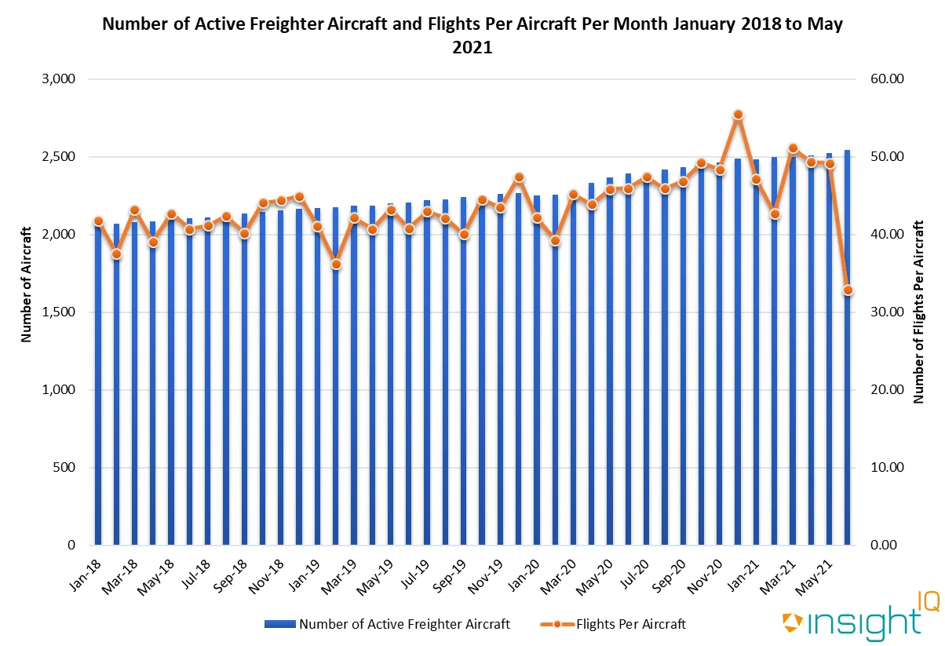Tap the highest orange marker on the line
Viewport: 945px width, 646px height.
coord(738,115)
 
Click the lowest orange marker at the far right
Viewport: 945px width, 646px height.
coord(848,290)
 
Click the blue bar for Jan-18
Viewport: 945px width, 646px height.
coord(98,392)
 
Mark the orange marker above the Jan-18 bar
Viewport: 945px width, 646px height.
coord(98,221)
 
